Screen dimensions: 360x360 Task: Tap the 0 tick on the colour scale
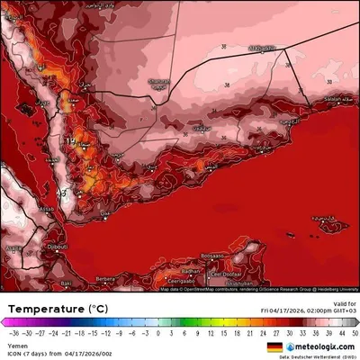157,332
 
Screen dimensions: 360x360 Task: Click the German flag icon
274,346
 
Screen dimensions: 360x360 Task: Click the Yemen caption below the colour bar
15,344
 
